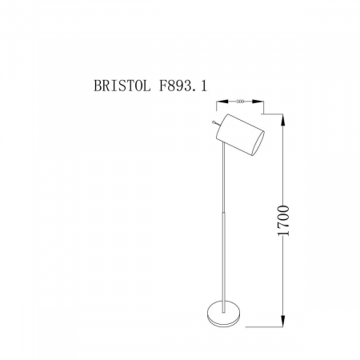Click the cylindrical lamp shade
(x=239, y=133)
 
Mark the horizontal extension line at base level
(x=264, y=325)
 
